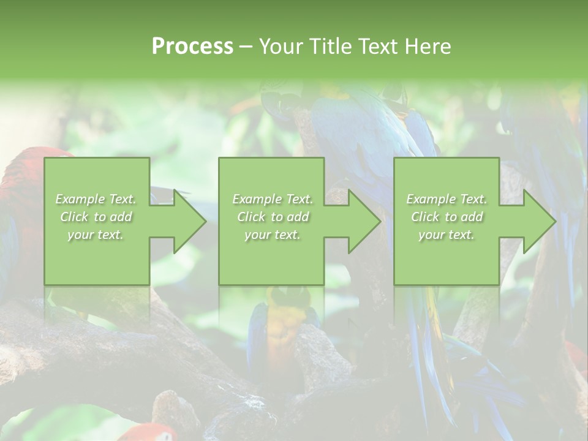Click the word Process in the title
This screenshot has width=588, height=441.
(x=192, y=46)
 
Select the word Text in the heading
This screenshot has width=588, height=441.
(x=376, y=46)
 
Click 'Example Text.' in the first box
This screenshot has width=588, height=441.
(x=96, y=199)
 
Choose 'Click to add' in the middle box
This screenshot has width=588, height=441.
(x=273, y=217)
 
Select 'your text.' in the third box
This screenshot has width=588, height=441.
(x=447, y=235)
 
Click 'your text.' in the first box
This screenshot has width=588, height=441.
(x=96, y=235)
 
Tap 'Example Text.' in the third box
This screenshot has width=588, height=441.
(x=447, y=199)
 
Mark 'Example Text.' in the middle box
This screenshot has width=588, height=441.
(x=273, y=199)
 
